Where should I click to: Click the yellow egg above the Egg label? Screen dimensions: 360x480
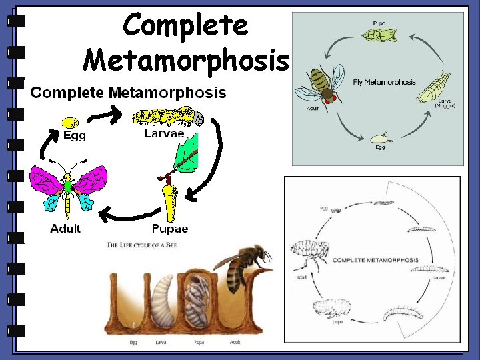click(69, 122)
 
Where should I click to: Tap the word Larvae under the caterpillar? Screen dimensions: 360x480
click(164, 133)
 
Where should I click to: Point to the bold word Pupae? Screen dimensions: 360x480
click(170, 229)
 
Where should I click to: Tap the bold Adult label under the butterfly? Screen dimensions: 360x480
click(65, 229)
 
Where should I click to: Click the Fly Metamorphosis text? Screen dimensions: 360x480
click(384, 83)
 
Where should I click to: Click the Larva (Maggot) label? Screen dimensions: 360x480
click(444, 103)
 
